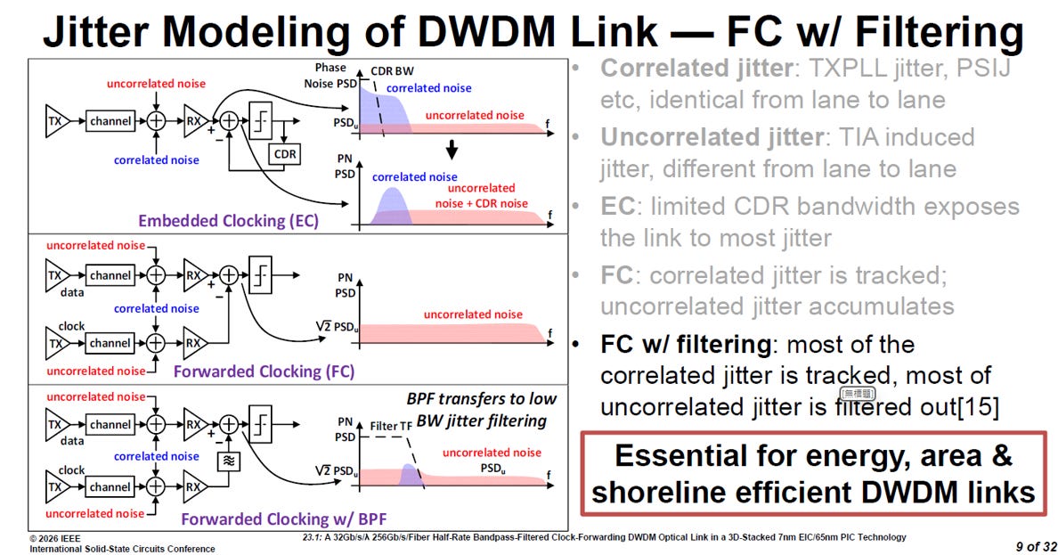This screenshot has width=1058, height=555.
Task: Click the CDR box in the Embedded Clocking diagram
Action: pyautogui.click(x=285, y=154)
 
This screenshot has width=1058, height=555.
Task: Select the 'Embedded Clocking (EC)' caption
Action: pyautogui.click(x=228, y=221)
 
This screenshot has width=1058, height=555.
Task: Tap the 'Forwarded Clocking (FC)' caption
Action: pyautogui.click(x=264, y=371)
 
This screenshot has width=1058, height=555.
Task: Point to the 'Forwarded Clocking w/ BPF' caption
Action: pyautogui.click(x=283, y=519)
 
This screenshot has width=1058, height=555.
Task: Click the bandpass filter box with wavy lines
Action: pyautogui.click(x=228, y=461)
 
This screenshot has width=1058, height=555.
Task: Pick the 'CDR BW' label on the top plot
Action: pyautogui.click(x=392, y=71)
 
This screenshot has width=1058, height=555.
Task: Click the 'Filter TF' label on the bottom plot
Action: pyautogui.click(x=391, y=426)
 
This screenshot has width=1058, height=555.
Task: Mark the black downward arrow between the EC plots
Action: pyautogui.click(x=452, y=149)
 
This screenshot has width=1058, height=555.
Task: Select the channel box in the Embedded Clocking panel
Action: pyautogui.click(x=110, y=121)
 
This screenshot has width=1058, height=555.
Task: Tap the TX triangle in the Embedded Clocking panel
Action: pyautogui.click(x=57, y=121)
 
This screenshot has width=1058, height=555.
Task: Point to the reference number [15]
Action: pyautogui.click(x=978, y=406)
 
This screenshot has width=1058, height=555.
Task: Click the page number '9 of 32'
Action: pyautogui.click(x=1036, y=546)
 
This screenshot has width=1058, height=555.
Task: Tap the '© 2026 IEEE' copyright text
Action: pyautogui.click(x=54, y=539)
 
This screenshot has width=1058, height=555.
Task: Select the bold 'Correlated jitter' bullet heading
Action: pyautogui.click(x=696, y=68)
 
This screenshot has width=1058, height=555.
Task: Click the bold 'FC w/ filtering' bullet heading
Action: pyautogui.click(x=686, y=345)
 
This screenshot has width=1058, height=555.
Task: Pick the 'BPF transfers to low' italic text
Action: pyautogui.click(x=481, y=399)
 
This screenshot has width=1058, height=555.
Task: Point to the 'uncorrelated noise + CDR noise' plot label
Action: pyautogui.click(x=482, y=196)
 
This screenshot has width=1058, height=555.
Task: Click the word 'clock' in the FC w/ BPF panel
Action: pyautogui.click(x=71, y=470)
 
